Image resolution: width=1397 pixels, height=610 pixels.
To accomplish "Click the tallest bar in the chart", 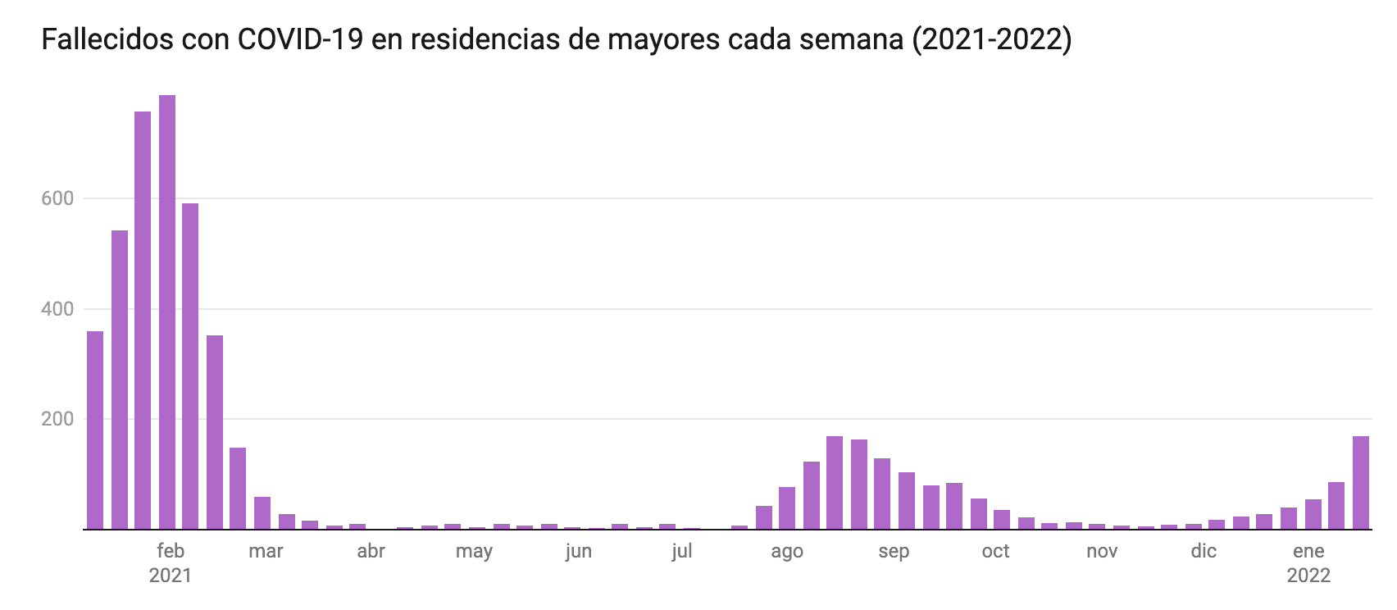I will (166, 312).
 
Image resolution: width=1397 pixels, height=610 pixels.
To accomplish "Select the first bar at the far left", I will (95, 430).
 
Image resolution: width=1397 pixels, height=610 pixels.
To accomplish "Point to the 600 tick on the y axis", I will (58, 198).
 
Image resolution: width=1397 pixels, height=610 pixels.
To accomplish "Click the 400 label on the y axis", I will (58, 309).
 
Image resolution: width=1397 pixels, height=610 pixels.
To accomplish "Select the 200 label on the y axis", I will (58, 419).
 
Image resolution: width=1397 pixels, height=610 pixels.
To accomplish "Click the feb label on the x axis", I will (170, 551).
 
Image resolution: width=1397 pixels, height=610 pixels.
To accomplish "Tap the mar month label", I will (266, 551).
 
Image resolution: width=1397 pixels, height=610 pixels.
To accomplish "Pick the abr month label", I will (371, 551).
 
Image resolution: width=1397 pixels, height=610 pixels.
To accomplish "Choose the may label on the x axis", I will (474, 551).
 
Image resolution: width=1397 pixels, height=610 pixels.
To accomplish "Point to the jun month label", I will (578, 551).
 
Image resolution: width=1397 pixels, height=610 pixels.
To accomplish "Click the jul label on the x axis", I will (682, 551).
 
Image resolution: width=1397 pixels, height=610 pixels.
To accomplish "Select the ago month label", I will (787, 551).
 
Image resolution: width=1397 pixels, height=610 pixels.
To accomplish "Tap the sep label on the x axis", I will (894, 551).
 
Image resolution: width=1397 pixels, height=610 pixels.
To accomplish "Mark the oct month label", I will (995, 551).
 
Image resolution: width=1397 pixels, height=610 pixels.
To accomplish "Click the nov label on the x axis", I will (1102, 551).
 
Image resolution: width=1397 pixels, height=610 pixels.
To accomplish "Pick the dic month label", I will (1204, 551).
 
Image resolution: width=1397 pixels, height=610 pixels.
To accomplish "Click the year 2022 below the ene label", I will (1308, 576).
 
